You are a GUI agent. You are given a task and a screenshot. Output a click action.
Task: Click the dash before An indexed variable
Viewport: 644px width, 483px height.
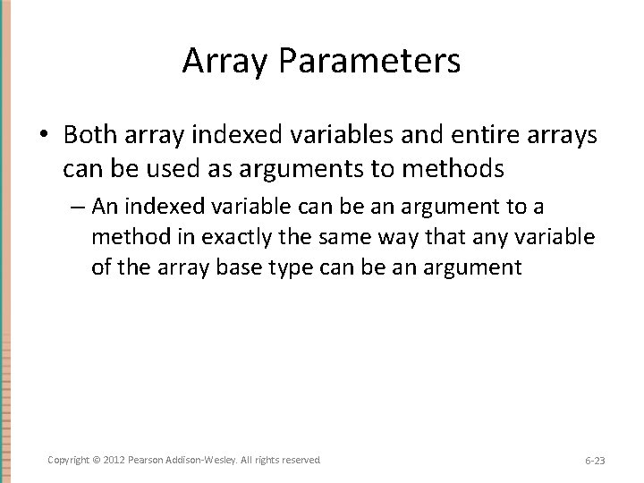click(x=80, y=208)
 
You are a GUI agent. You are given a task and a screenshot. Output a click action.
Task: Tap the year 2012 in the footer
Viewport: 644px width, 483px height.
click(x=114, y=460)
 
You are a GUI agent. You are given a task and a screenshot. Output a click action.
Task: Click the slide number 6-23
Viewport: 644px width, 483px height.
click(x=595, y=461)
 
